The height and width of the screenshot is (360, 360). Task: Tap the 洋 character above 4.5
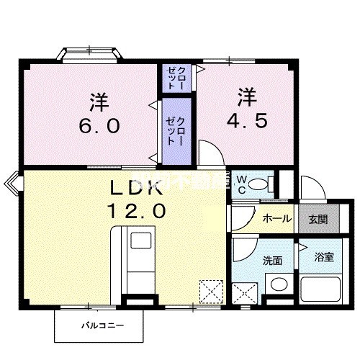[x=247, y=96]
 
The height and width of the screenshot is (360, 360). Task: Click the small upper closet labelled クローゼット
[x=177, y=76]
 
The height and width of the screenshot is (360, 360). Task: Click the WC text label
[x=242, y=182]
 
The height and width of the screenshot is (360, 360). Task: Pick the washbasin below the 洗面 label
[x=276, y=286]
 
